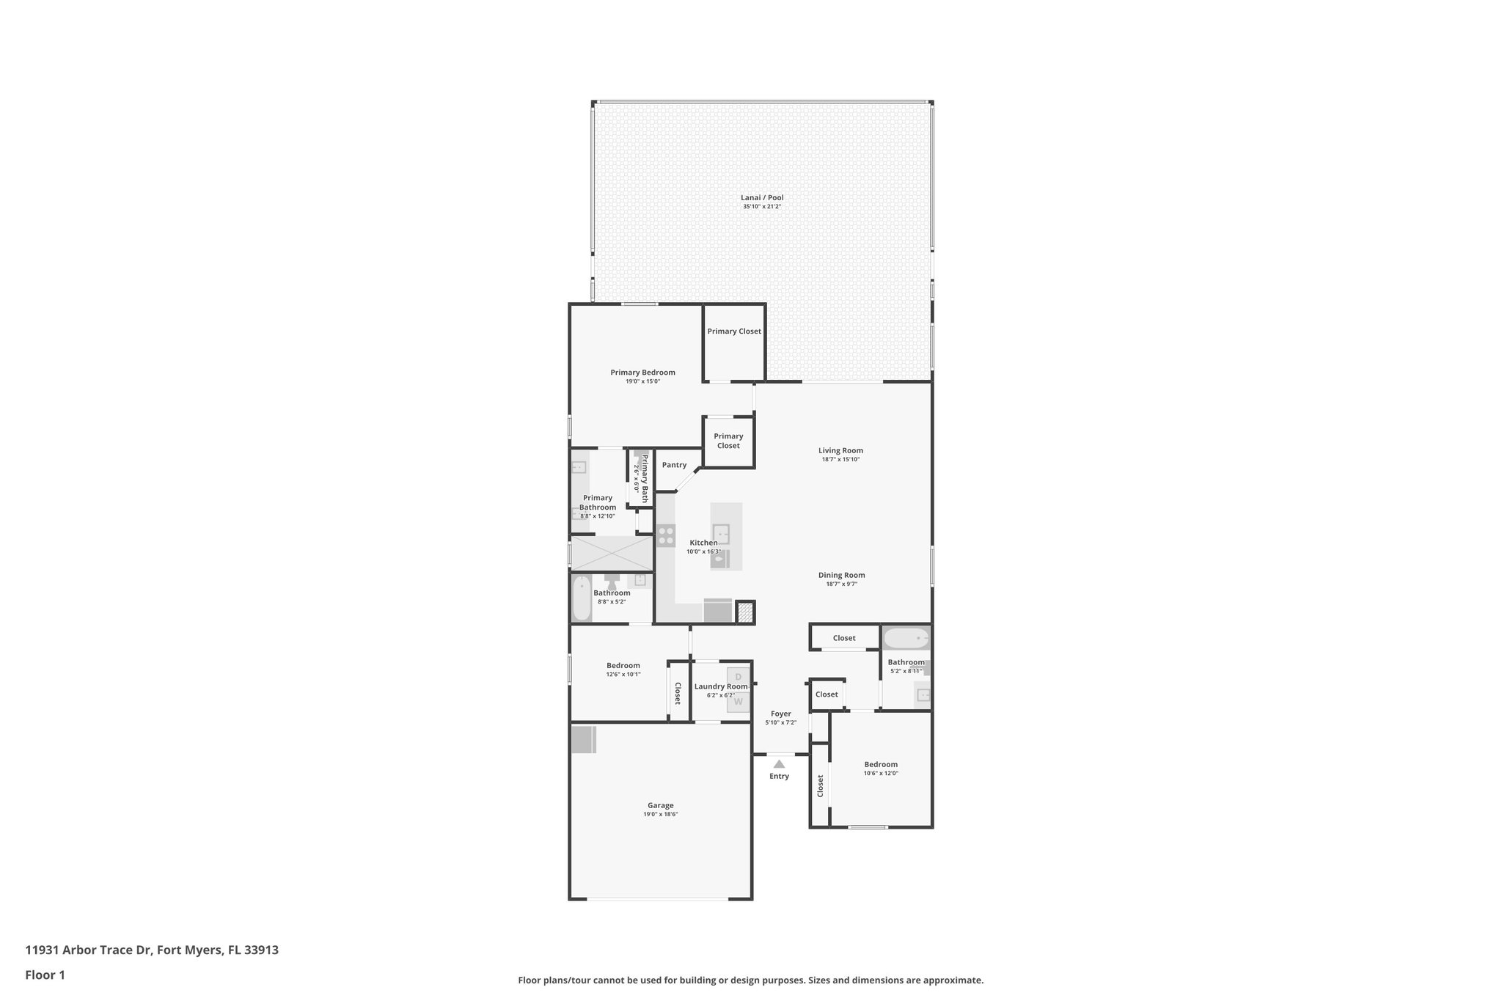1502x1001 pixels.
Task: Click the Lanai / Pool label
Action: tap(762, 197)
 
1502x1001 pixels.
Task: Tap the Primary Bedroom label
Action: tap(642, 373)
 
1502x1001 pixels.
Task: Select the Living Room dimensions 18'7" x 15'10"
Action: tap(840, 460)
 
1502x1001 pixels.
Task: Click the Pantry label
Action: tap(674, 465)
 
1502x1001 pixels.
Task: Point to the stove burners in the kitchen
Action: tap(666, 535)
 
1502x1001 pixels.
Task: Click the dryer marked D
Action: tap(739, 677)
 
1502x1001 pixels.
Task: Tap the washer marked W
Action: tap(739, 702)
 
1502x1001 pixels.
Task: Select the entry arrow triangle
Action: tap(779, 764)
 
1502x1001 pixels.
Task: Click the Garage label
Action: tap(660, 805)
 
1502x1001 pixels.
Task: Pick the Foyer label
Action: tap(780, 714)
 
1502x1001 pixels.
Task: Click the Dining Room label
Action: tap(841, 576)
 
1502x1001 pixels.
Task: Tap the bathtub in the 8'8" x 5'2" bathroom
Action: tap(581, 598)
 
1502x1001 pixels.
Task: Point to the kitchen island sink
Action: tap(721, 533)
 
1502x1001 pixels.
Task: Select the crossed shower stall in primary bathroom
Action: tap(612, 553)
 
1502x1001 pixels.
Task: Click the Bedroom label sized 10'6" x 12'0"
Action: tap(880, 764)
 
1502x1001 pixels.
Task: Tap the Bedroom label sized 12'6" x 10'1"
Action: tap(623, 666)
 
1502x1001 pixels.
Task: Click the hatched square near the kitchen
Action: tap(745, 612)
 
